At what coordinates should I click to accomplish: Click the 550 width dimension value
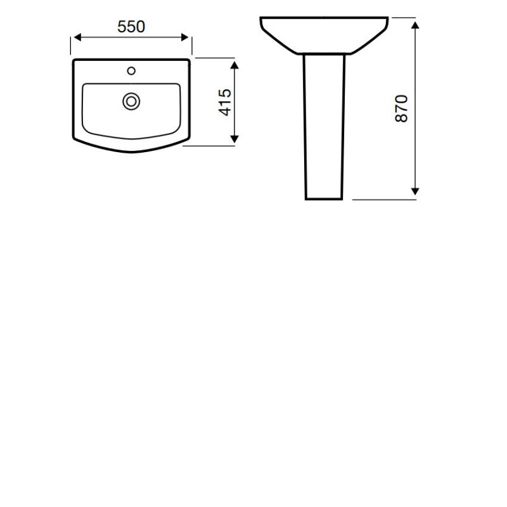coord(131,27)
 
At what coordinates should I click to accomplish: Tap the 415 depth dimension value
coord(224,102)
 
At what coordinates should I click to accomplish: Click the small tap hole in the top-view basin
coord(132,70)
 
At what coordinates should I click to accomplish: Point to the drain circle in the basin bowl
coord(132,100)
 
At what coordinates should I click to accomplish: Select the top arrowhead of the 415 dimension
coord(235,64)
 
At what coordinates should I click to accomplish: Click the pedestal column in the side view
coord(324,127)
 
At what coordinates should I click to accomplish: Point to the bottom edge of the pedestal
coord(324,199)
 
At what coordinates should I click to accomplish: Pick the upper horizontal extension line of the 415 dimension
coord(215,58)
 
